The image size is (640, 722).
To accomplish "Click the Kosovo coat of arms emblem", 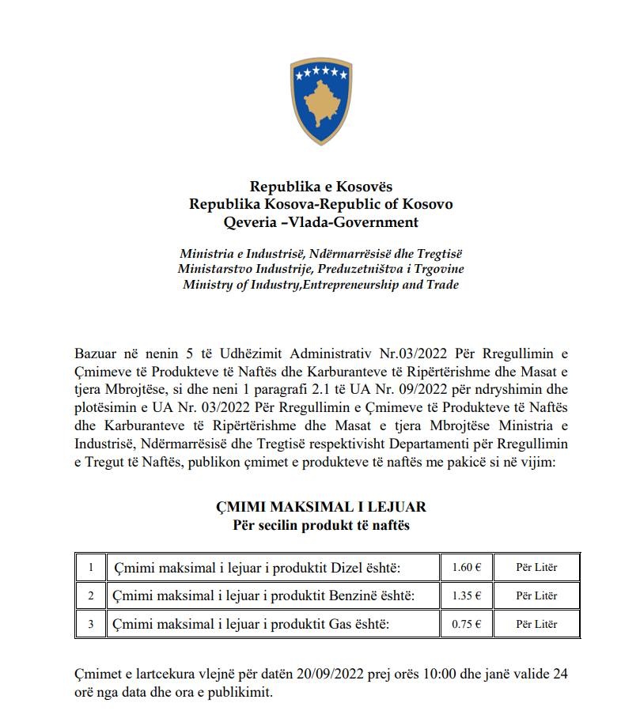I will pyautogui.click(x=320, y=100).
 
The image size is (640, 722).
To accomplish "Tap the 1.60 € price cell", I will pyautogui.click(x=467, y=567).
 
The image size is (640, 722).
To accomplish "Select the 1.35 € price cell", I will pyautogui.click(x=467, y=595).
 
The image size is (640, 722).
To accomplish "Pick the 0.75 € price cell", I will pyautogui.click(x=467, y=624).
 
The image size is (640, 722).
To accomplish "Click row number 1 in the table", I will pyautogui.click(x=91, y=567).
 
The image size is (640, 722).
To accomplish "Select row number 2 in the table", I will pyautogui.click(x=91, y=595).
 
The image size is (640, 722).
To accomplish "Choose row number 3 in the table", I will pyautogui.click(x=91, y=624).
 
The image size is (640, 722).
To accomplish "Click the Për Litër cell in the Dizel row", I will pyautogui.click(x=536, y=567).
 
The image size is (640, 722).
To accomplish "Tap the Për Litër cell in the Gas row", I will pyautogui.click(x=536, y=624).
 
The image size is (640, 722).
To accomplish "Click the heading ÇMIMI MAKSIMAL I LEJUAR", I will pyautogui.click(x=320, y=506).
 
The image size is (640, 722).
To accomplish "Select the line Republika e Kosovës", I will pyautogui.click(x=320, y=187).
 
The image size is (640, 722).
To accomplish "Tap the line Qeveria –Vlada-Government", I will pyautogui.click(x=320, y=222).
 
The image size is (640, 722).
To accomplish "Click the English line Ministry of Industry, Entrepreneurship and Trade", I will pyautogui.click(x=320, y=285).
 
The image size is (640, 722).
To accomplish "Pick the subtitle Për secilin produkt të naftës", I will pyautogui.click(x=320, y=525).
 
